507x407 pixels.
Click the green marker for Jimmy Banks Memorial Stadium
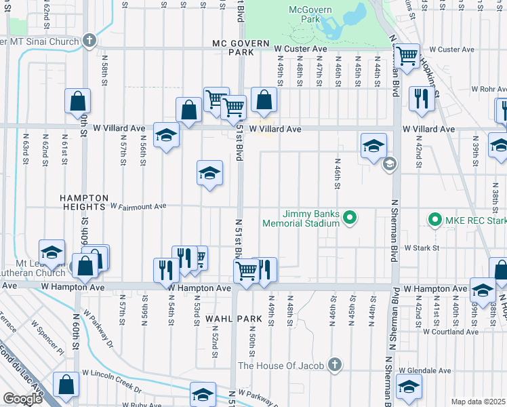(x=350, y=218)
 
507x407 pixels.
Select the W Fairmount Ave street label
(x=138, y=206)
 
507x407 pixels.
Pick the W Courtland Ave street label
(x=450, y=332)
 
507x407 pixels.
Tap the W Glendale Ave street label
(x=426, y=371)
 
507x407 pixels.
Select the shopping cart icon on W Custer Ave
(x=407, y=56)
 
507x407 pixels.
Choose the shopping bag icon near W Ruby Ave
(x=67, y=384)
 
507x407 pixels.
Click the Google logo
(x=22, y=399)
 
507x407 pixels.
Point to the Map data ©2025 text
(x=478, y=402)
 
